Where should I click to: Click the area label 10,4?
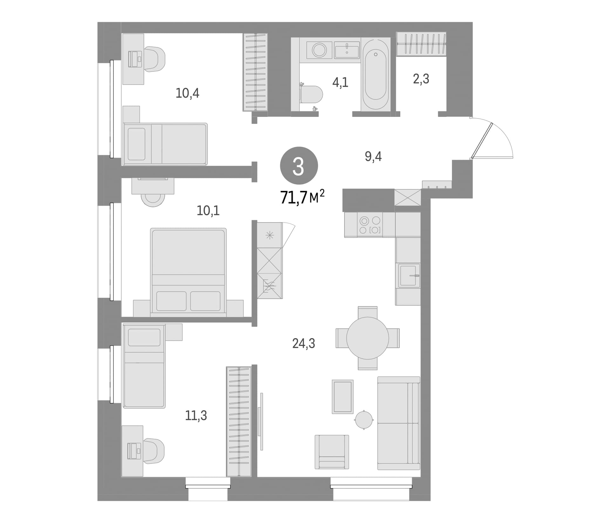click(x=187, y=93)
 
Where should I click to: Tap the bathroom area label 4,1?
click(x=340, y=83)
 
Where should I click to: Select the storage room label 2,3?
click(x=421, y=79)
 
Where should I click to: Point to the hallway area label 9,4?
click(x=373, y=156)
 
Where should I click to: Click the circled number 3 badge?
click(x=299, y=166)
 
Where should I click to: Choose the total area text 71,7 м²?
click(x=302, y=197)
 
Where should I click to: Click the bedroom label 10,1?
click(x=208, y=210)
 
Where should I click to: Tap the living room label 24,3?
click(x=304, y=343)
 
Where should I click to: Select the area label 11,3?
click(x=196, y=415)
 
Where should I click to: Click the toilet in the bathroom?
click(x=311, y=95)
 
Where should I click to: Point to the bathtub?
click(x=376, y=74)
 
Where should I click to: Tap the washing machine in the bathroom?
click(x=319, y=50)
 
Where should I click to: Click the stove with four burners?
click(x=370, y=225)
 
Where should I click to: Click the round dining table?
click(x=368, y=338)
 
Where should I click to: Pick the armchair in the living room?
click(x=332, y=452)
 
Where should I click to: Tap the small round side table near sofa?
click(x=364, y=420)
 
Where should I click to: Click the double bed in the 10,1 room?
click(x=188, y=272)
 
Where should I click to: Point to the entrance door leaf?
click(x=482, y=140)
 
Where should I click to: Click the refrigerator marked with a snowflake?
click(x=269, y=235)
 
